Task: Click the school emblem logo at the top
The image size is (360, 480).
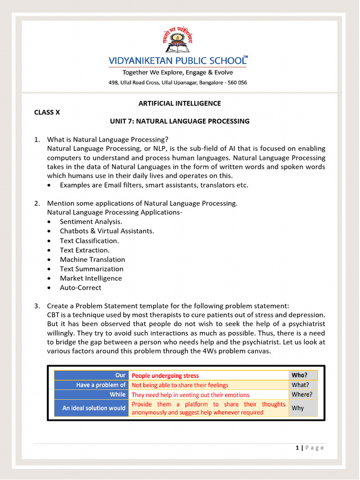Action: click(178, 43)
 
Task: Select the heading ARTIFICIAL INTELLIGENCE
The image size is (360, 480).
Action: click(180, 103)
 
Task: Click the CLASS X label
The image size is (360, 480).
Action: click(47, 112)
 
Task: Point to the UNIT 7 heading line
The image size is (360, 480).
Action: click(180, 121)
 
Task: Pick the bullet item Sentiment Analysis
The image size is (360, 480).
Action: click(91, 222)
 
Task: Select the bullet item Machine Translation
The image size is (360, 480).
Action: click(92, 259)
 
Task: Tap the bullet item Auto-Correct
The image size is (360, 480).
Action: click(80, 287)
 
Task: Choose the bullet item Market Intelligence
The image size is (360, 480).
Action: click(90, 278)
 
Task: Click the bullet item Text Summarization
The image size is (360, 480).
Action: click(91, 269)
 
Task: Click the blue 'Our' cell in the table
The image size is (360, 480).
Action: click(91, 375)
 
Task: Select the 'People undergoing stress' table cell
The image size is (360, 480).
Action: click(165, 375)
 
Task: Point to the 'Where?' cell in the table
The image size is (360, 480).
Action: click(301, 395)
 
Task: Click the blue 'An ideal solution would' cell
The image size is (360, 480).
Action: click(91, 408)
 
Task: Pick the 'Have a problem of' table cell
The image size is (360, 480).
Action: click(91, 385)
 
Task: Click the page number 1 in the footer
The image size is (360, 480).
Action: click(297, 448)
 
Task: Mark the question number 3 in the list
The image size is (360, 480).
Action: click(37, 306)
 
